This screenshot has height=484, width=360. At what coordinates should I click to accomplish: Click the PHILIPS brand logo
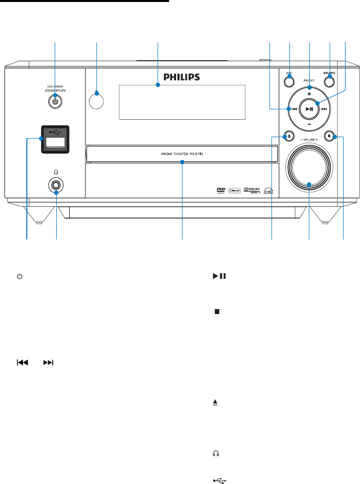[x=182, y=77]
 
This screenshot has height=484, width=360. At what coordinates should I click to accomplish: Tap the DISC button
[x=289, y=78]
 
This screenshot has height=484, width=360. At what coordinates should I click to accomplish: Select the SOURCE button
[x=330, y=78]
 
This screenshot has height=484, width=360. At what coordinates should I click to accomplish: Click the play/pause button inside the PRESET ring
[x=309, y=109]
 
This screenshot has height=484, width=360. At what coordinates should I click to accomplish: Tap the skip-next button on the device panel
[x=324, y=109]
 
